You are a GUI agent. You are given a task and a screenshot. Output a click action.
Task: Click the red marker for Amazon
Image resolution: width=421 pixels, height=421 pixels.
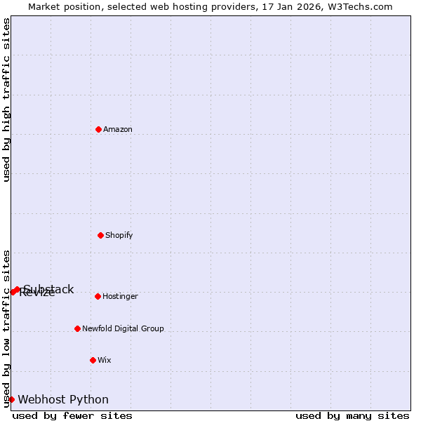coord(98,129)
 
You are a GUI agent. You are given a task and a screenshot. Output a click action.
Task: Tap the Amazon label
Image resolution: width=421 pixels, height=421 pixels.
coord(118,130)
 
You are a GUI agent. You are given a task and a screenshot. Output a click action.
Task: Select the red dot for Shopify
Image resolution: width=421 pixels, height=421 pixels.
coord(100,235)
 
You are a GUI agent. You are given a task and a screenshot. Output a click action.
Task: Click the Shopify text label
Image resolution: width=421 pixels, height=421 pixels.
coord(119,236)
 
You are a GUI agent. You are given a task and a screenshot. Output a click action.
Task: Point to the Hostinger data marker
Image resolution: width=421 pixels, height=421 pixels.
coord(98,296)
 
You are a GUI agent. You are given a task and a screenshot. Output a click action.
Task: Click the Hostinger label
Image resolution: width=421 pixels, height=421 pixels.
coord(120,297)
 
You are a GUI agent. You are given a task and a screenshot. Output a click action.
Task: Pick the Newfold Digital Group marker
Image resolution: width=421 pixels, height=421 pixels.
coord(77,328)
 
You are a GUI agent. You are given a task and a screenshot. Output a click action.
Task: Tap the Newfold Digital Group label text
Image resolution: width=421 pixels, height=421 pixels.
coord(123,329)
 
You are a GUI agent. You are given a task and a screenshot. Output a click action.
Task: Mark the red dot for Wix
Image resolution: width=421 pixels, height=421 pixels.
coord(93,360)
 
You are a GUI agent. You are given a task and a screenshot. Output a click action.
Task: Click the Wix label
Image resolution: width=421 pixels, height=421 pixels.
coord(105,361)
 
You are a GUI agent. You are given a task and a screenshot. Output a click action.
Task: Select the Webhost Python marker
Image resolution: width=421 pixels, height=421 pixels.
coord(11,399)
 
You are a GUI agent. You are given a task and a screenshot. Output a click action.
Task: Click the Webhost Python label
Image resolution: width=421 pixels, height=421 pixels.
coord(63,400)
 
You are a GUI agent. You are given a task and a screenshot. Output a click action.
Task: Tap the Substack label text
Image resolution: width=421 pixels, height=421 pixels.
coord(49,289)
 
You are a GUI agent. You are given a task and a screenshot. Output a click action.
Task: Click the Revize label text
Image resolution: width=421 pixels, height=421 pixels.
coord(36,294)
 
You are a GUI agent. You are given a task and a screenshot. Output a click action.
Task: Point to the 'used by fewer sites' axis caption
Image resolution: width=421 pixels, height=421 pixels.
coord(72,416)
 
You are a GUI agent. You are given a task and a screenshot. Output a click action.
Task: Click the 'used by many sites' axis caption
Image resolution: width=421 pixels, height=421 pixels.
coord(352,416)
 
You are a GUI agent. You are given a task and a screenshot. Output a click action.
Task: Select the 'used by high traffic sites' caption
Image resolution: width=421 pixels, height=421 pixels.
coord(7,100)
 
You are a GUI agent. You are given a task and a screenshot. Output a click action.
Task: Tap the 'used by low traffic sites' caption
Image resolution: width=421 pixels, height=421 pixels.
coord(7,328)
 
